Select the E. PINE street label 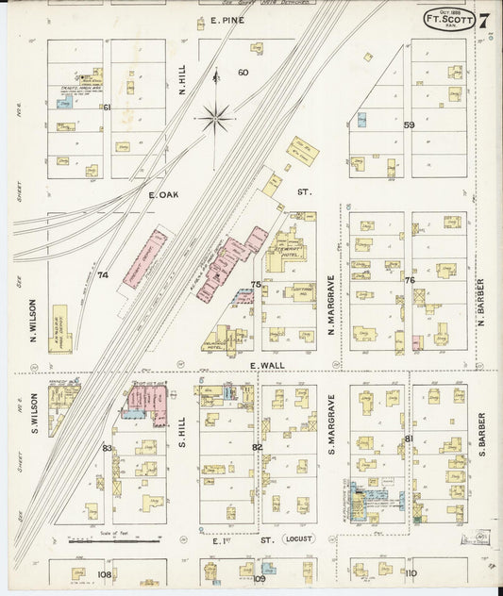point(226,20)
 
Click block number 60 point(243,73)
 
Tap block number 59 point(409,124)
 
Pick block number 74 point(103,275)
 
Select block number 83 point(107,447)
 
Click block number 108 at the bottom point(104,573)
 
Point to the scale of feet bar point(113,541)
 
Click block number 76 point(409,280)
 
